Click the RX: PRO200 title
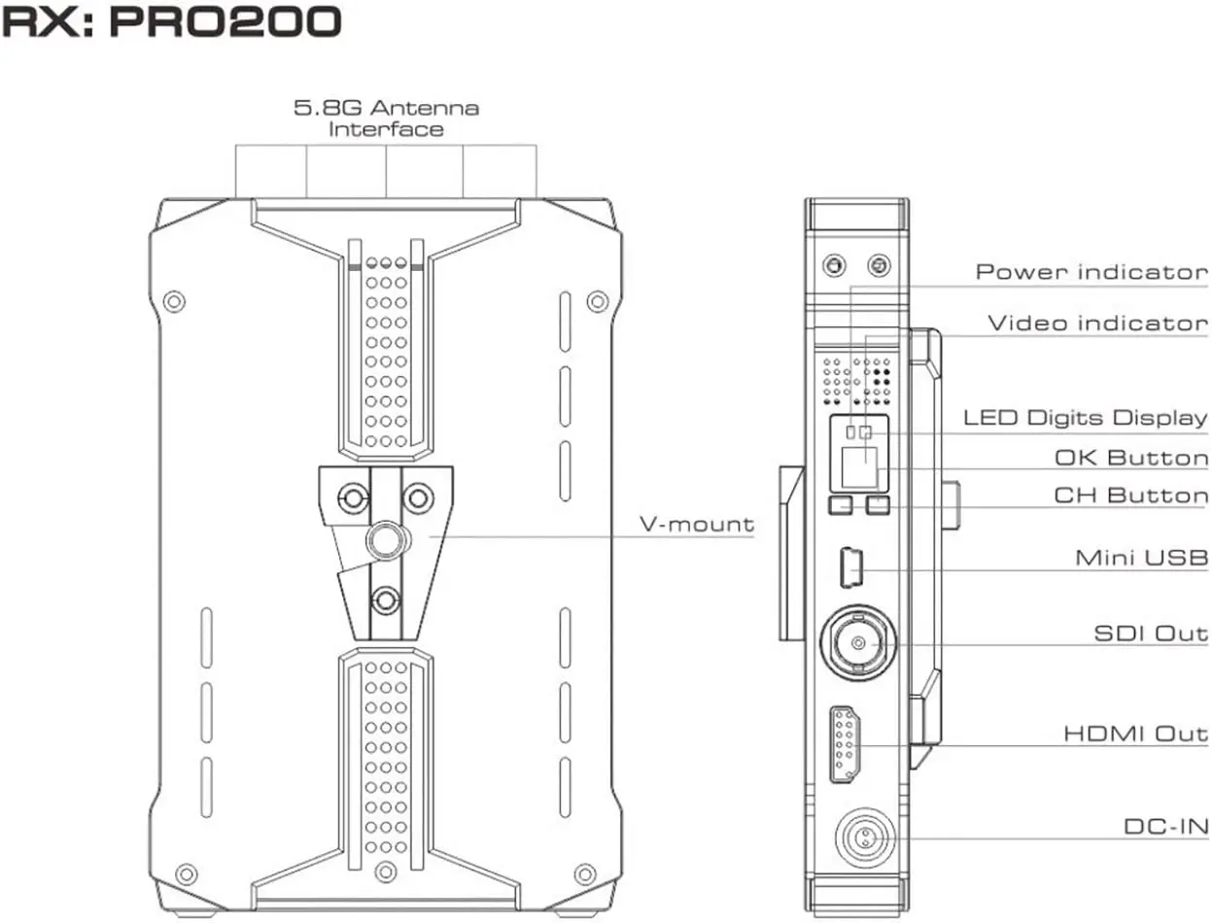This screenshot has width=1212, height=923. pyautogui.click(x=171, y=22)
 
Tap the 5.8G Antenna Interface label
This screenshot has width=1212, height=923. pyautogui.click(x=386, y=119)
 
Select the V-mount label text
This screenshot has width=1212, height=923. pyautogui.click(x=697, y=524)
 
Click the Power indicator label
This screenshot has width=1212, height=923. pyautogui.click(x=1091, y=272)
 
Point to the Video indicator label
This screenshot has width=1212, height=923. pyautogui.click(x=1097, y=324)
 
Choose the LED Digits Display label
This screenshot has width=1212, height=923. pyautogui.click(x=1086, y=418)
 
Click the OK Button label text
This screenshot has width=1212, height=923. pyautogui.click(x=1131, y=458)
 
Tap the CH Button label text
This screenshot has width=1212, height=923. pyautogui.click(x=1131, y=496)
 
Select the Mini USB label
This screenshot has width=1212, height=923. pyautogui.click(x=1142, y=558)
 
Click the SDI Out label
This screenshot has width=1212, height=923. pyautogui.click(x=1152, y=633)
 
